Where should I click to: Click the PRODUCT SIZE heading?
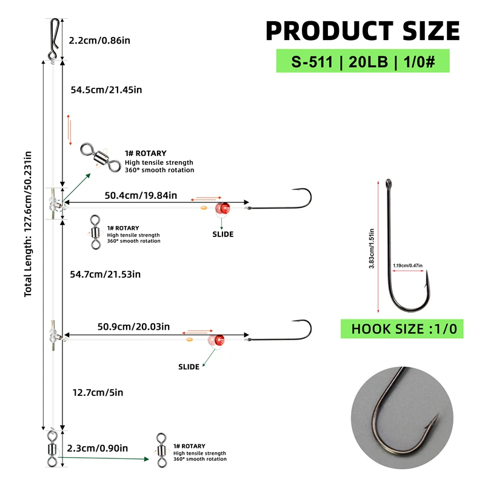pyautogui.click(x=363, y=31)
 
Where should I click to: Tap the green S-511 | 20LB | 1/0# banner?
pyautogui.click(x=363, y=61)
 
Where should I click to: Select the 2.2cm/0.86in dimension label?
pyautogui.click(x=99, y=41)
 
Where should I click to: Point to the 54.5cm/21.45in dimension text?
pyautogui.click(x=106, y=90)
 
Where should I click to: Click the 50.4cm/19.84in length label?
pyautogui.click(x=141, y=195)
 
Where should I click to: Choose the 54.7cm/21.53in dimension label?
pyautogui.click(x=105, y=275)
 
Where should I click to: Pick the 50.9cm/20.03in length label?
pyautogui.click(x=133, y=327)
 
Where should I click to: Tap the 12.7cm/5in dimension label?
pyautogui.click(x=98, y=392)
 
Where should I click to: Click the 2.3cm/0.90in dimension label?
pyautogui.click(x=98, y=448)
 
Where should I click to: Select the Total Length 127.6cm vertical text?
pyautogui.click(x=28, y=224)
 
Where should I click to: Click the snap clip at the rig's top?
pyautogui.click(x=54, y=39)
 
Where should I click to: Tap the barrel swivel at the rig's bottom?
pyautogui.click(x=53, y=449)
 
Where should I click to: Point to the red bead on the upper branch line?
pyautogui.click(x=222, y=208)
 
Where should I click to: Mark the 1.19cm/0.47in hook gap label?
pyautogui.click(x=407, y=266)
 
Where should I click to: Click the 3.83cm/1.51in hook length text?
pyautogui.click(x=372, y=249)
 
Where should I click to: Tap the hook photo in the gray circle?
pyautogui.click(x=402, y=418)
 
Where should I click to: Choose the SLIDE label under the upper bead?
pyautogui.click(x=223, y=234)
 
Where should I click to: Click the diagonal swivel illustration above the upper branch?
pyautogui.click(x=101, y=158)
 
